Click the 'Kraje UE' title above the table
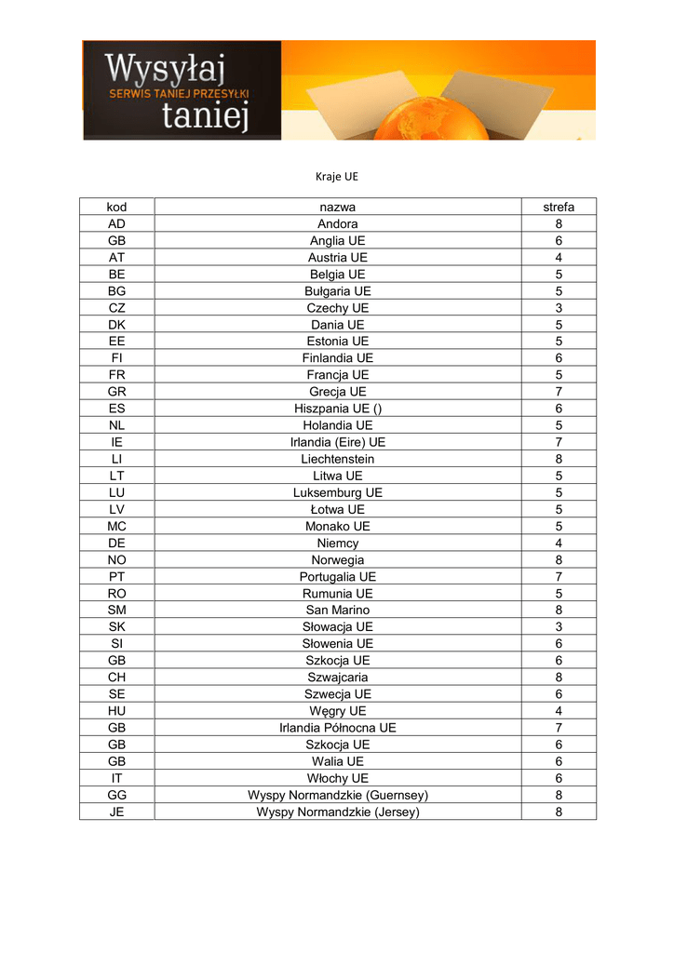[x=337, y=175]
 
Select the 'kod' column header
[x=116, y=207]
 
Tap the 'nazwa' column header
[x=338, y=207]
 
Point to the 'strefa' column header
[x=559, y=207]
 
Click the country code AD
[x=116, y=224]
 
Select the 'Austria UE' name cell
[x=338, y=258]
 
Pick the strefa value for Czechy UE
[x=559, y=308]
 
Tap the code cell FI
[x=116, y=358]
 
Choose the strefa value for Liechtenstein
[x=559, y=459]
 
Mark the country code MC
[x=116, y=526]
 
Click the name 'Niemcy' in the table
[x=338, y=543]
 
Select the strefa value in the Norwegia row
[x=559, y=559]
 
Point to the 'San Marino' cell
[x=338, y=610]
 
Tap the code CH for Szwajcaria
[x=116, y=677]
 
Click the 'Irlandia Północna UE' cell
[x=338, y=727]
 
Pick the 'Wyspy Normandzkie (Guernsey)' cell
[x=338, y=795]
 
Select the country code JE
[x=116, y=812]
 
